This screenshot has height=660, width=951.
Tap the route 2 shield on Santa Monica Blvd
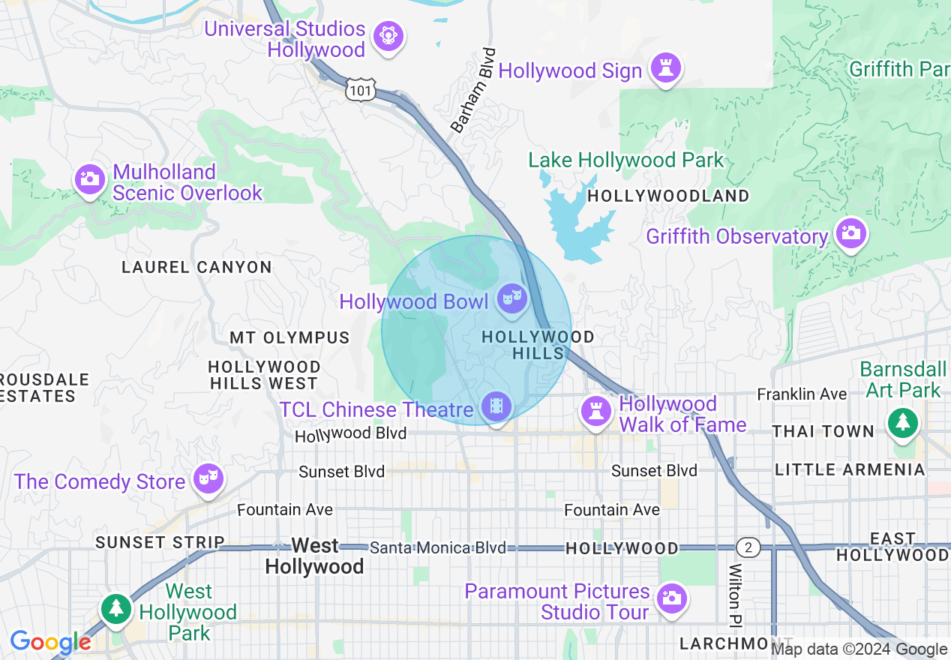coord(747,547)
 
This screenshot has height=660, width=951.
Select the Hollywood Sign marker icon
coord(664,67)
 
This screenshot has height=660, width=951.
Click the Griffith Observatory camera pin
coord(850,233)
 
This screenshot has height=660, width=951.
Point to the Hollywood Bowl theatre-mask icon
coord(511,298)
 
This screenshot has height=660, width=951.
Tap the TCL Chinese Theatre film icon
coord(496,407)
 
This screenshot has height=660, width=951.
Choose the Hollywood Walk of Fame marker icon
coord(596,411)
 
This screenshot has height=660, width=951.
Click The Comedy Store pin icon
coord(207,478)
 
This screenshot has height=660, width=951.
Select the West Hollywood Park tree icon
coord(115,607)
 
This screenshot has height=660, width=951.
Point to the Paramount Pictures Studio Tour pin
coord(670,598)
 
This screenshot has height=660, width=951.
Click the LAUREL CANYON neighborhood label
coord(196,267)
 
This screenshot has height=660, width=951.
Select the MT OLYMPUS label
coord(289,337)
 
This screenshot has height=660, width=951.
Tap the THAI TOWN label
coord(823,431)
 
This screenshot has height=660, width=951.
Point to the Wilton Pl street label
coord(735,595)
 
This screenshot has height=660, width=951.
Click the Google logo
coord(50,643)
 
